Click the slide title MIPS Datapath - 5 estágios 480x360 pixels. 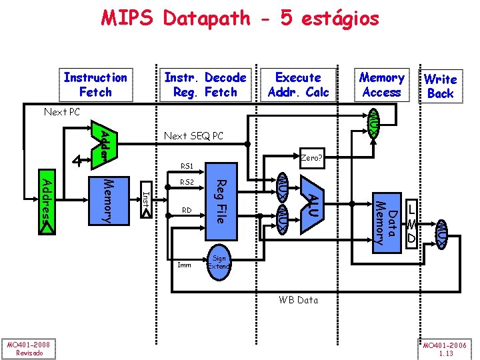(240, 18)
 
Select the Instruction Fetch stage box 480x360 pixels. (95, 85)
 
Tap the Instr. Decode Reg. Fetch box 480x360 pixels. (205, 85)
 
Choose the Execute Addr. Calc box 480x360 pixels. (298, 85)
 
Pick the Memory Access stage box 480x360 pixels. (381, 85)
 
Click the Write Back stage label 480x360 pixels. (440, 86)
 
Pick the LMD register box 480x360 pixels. (412, 223)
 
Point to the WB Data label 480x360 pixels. (298, 300)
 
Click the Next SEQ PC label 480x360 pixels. (193, 137)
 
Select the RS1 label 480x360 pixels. (187, 166)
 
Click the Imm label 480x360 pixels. (184, 265)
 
